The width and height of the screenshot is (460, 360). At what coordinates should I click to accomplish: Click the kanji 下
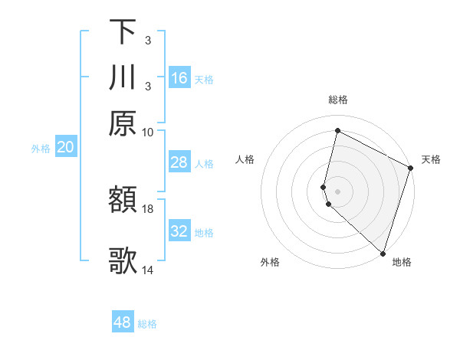[x=123, y=32]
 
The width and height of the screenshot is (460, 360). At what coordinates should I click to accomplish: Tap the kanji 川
[x=123, y=77]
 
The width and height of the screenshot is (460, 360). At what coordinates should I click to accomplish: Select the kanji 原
[x=123, y=123]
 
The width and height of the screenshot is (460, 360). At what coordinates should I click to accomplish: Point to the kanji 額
[x=123, y=200]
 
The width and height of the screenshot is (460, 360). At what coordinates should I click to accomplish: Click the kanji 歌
[x=123, y=260]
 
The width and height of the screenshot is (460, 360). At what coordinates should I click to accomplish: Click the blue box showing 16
[x=179, y=77]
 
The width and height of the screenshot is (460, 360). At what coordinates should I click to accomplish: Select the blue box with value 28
[x=179, y=162]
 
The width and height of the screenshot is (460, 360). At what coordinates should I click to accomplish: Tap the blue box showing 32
[x=179, y=231]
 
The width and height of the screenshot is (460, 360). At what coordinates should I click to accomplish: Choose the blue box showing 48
[x=123, y=322]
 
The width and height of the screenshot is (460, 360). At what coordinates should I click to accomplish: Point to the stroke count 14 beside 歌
[x=147, y=270]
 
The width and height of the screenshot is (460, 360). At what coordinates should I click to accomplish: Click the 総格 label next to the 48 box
[x=147, y=324]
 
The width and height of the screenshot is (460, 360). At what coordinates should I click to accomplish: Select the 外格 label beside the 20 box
[x=40, y=149]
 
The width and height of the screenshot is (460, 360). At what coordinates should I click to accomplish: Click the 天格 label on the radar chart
[x=431, y=159]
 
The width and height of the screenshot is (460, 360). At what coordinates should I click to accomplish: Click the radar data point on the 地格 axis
[x=383, y=254]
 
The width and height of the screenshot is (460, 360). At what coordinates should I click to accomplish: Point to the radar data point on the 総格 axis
[x=337, y=130]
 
